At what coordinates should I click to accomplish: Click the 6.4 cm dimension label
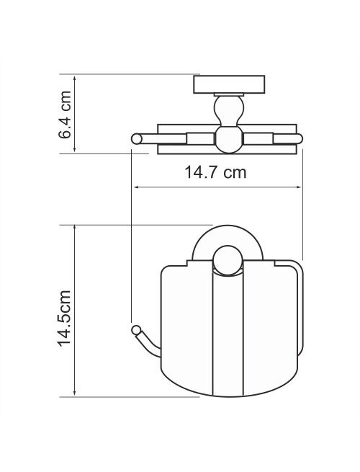[x=66, y=115]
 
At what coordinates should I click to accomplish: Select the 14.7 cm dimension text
[x=215, y=173]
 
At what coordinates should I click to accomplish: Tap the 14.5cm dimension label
[x=65, y=319]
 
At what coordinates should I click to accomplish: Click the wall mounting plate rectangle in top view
[x=229, y=84]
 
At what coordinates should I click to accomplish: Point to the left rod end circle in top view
[x=137, y=139]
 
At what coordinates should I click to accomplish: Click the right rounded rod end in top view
[x=298, y=139]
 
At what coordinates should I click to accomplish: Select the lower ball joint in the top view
[x=229, y=140]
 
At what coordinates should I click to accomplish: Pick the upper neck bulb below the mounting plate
[x=229, y=110]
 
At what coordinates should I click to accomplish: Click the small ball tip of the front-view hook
[x=136, y=330]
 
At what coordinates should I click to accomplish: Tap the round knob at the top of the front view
[x=228, y=261]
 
